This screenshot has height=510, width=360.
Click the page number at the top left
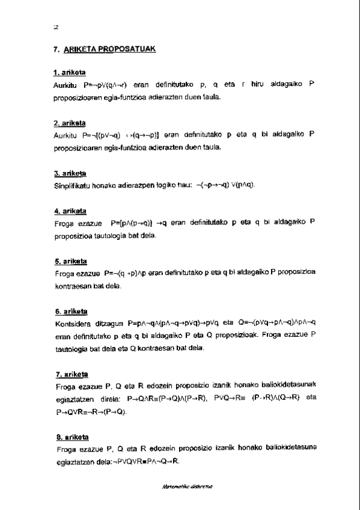pyautogui.click(x=55, y=26)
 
